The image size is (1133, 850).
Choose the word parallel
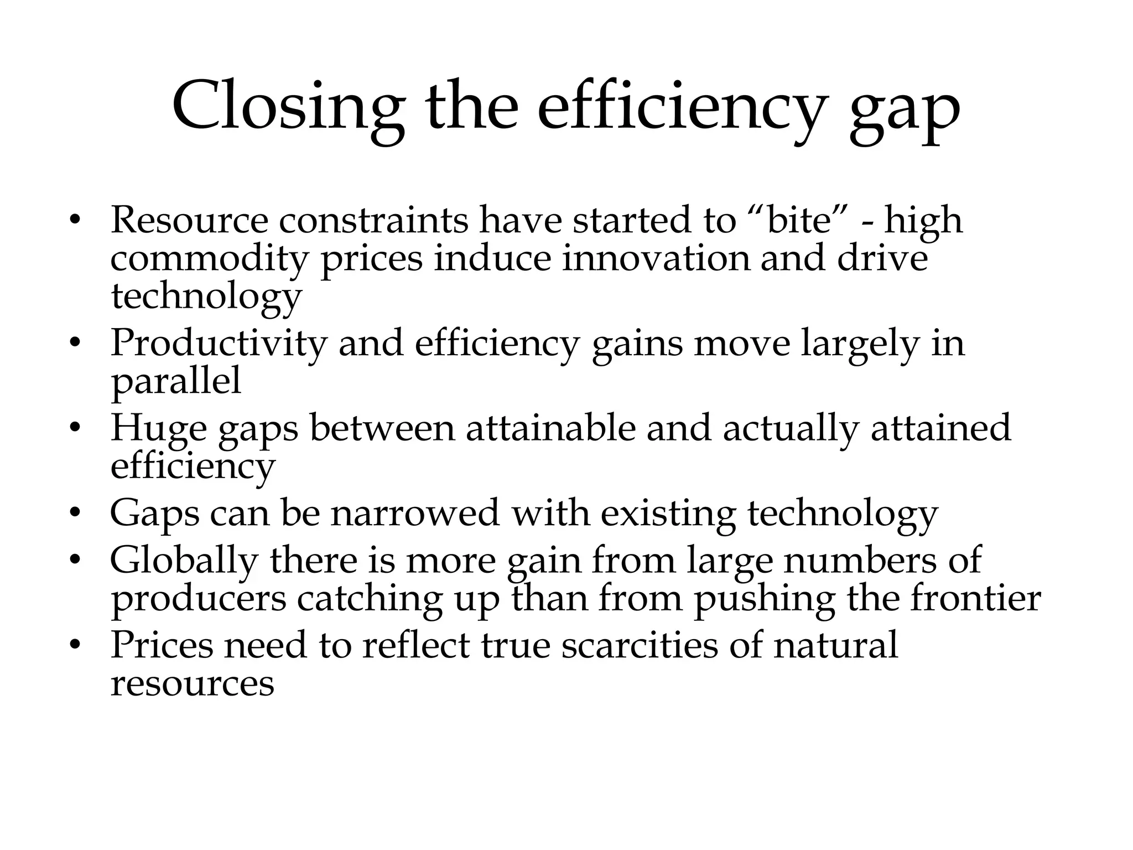point(176,382)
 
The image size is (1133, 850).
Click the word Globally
point(184,561)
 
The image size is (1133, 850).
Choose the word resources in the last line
point(192,684)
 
